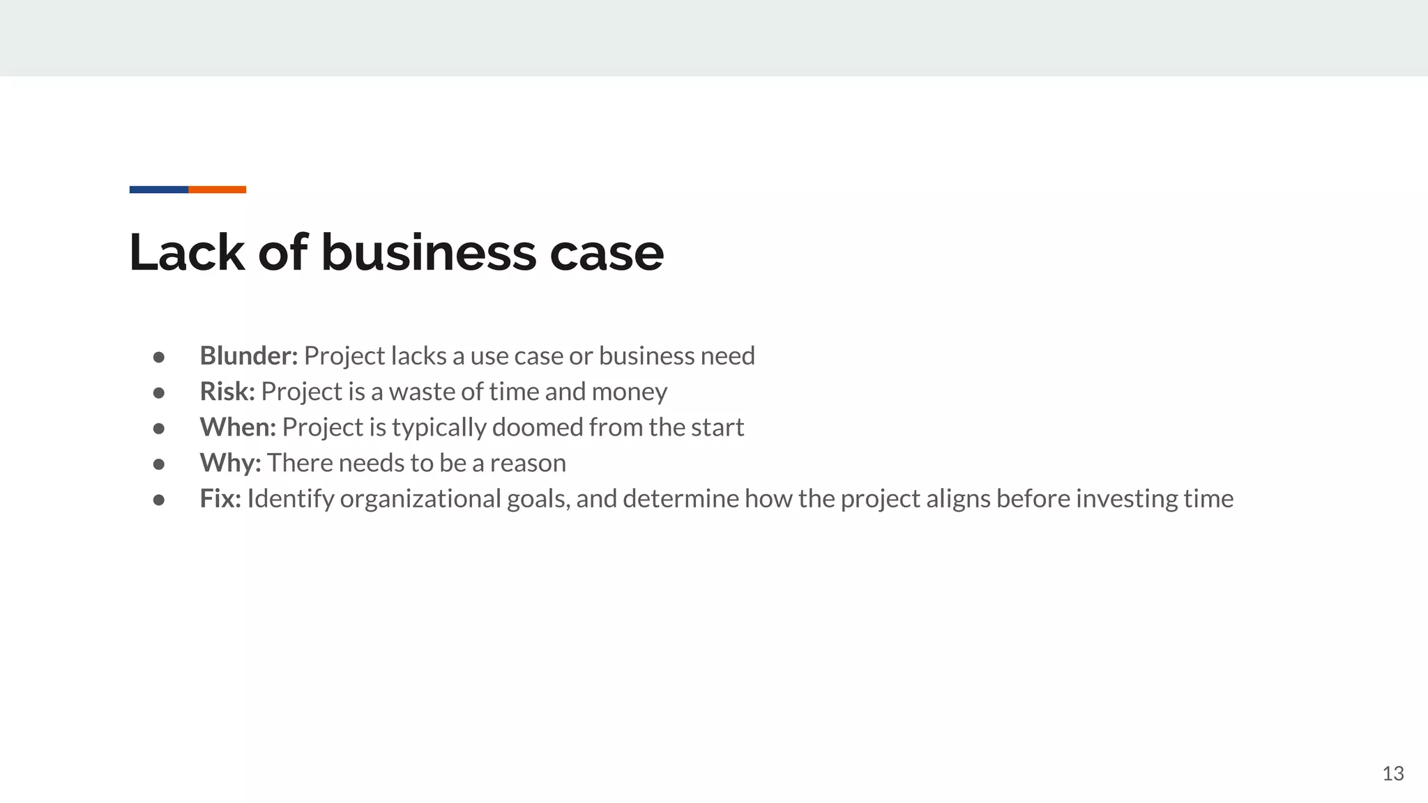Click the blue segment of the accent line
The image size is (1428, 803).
click(x=159, y=190)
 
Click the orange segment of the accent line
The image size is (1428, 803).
click(x=217, y=190)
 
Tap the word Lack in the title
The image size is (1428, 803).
click(x=186, y=252)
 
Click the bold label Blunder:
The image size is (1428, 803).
click(x=248, y=356)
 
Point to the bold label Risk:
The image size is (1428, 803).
click(x=227, y=392)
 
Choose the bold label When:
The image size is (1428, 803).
click(x=238, y=427)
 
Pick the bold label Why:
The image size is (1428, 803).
click(x=230, y=463)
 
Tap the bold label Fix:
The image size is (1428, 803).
click(x=220, y=498)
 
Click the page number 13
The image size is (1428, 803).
click(x=1392, y=774)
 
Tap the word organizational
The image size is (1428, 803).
click(x=420, y=499)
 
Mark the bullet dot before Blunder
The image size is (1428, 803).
click(x=159, y=357)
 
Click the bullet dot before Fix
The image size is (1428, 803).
click(x=159, y=499)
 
